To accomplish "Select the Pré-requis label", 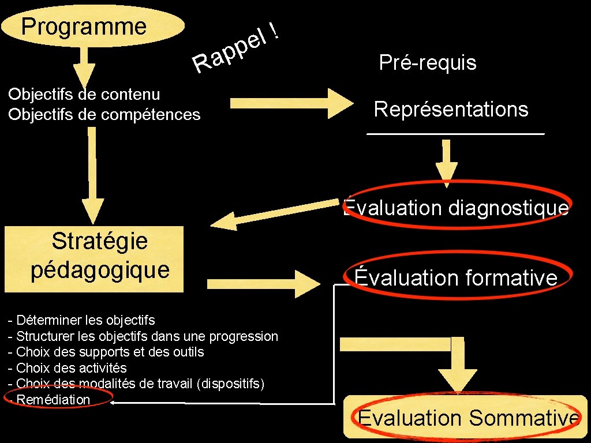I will click(428, 62).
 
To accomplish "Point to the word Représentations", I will click(451, 109).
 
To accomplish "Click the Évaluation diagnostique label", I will click(455, 207).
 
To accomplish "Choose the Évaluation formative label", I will click(456, 278).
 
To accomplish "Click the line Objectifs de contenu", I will click(84, 94).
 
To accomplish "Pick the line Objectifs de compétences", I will click(104, 114).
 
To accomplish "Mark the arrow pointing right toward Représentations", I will click(291, 103).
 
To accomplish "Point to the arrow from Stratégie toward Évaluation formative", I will click(263, 283).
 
